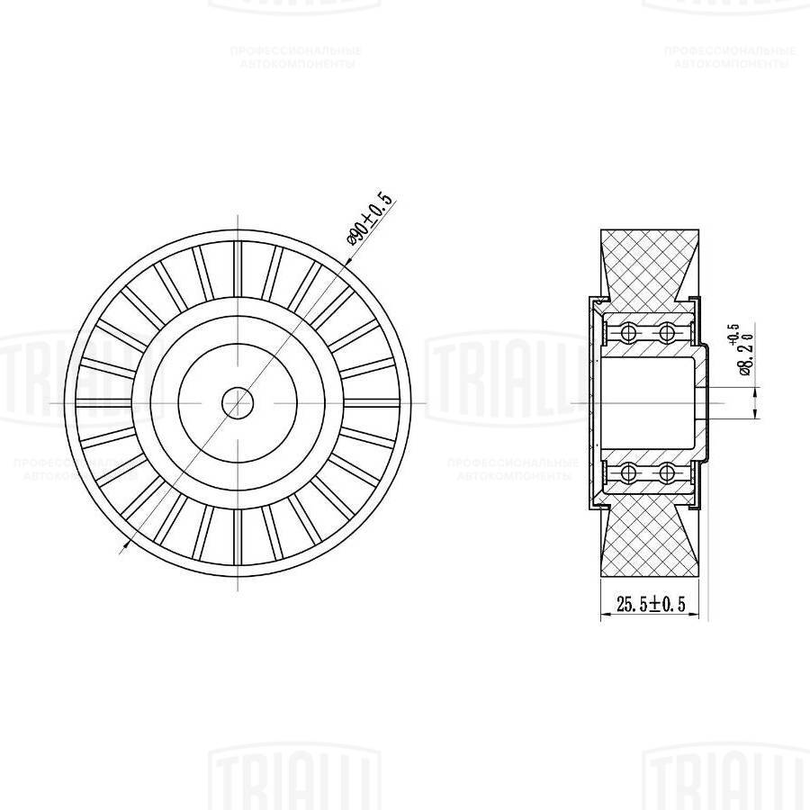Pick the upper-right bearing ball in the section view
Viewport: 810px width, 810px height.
click(x=667, y=333)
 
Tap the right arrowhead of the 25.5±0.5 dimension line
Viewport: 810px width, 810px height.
click(x=704, y=617)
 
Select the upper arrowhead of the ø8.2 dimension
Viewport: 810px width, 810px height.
click(x=754, y=382)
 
